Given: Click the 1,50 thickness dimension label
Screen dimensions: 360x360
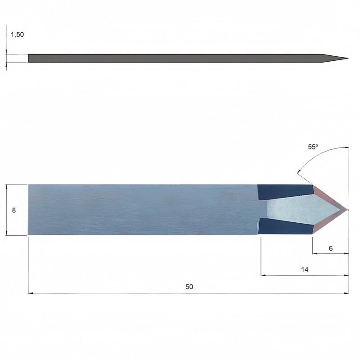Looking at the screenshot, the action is point(18,35).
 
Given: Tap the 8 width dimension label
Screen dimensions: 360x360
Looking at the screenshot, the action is point(14,210).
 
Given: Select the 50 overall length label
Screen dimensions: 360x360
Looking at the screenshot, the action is point(189,287).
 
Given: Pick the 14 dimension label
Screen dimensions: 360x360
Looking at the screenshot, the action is point(305,269).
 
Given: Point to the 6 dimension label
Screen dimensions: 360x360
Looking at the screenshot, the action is point(331,248).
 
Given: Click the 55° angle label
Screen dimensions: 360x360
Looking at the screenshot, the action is point(313,147).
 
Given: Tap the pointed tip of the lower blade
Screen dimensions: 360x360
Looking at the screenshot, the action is point(347,209).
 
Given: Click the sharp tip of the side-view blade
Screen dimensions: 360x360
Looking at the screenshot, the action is point(348,58).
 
